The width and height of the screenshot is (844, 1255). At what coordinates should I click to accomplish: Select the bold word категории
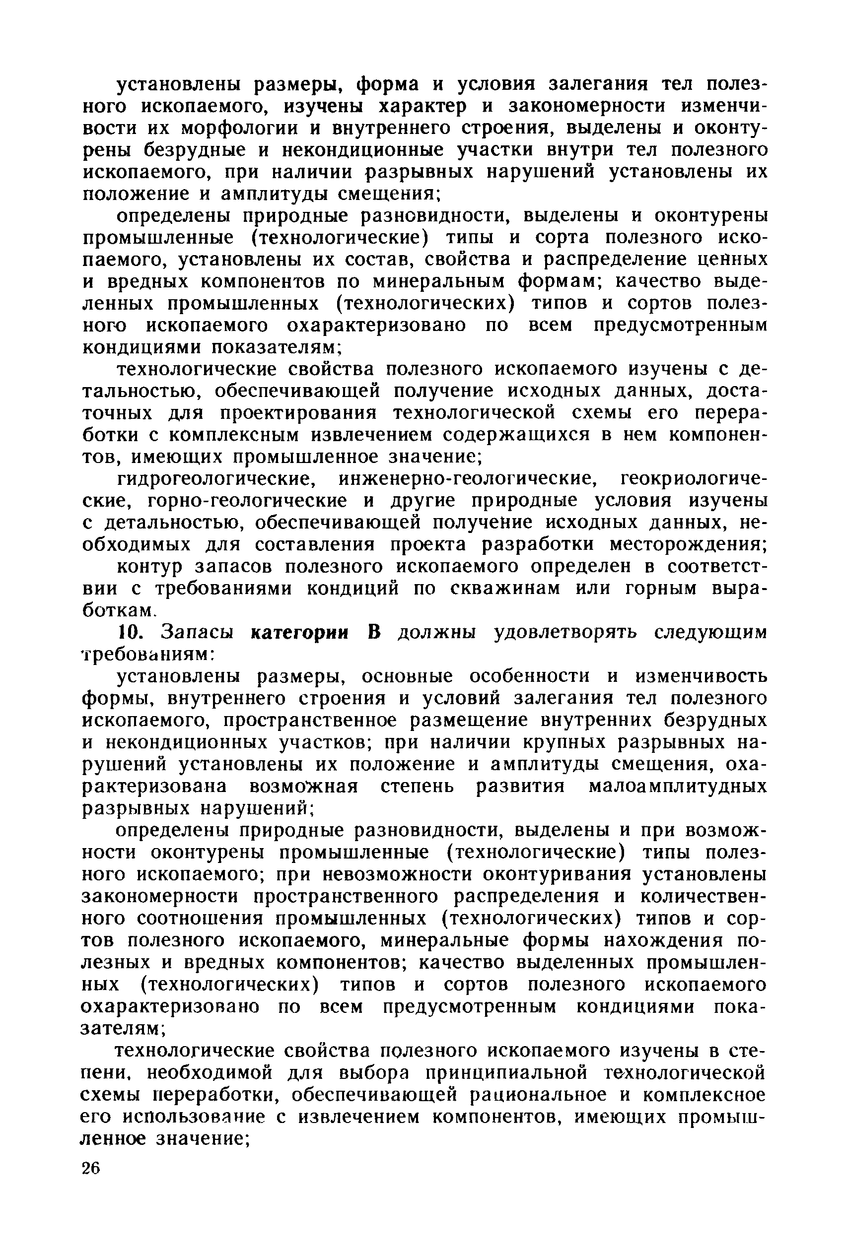tap(300, 633)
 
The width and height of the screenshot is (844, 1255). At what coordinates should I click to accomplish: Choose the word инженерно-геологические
tap(466, 478)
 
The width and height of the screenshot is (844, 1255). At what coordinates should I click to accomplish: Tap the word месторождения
tap(689, 544)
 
